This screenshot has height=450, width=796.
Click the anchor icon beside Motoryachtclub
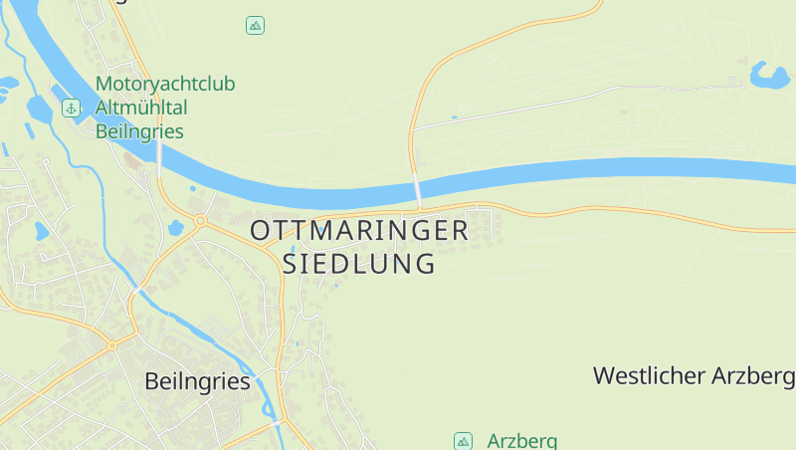[72, 108]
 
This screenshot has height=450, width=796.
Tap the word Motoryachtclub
[165, 85]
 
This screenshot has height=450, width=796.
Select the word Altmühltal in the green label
[142, 108]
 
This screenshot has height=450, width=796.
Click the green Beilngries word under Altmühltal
[139, 130]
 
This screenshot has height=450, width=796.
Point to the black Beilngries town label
[197, 380]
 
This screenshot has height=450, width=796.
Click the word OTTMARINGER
[359, 231]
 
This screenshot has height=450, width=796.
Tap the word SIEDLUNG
[359, 264]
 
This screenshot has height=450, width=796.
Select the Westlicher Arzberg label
[694, 376]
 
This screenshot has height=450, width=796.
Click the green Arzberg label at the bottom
[521, 441]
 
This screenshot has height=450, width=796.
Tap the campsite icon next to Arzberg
[463, 441]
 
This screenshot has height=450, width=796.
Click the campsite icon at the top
[255, 26]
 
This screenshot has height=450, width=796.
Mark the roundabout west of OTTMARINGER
[200, 221]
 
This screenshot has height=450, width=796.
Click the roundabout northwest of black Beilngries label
[111, 345]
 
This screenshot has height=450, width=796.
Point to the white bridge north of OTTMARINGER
[418, 188]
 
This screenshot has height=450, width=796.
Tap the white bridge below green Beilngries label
[159, 157]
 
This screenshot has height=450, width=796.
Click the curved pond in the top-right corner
[768, 75]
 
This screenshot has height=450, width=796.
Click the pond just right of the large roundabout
[177, 228]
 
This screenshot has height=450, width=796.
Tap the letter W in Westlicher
[604, 376]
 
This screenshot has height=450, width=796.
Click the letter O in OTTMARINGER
[261, 231]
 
